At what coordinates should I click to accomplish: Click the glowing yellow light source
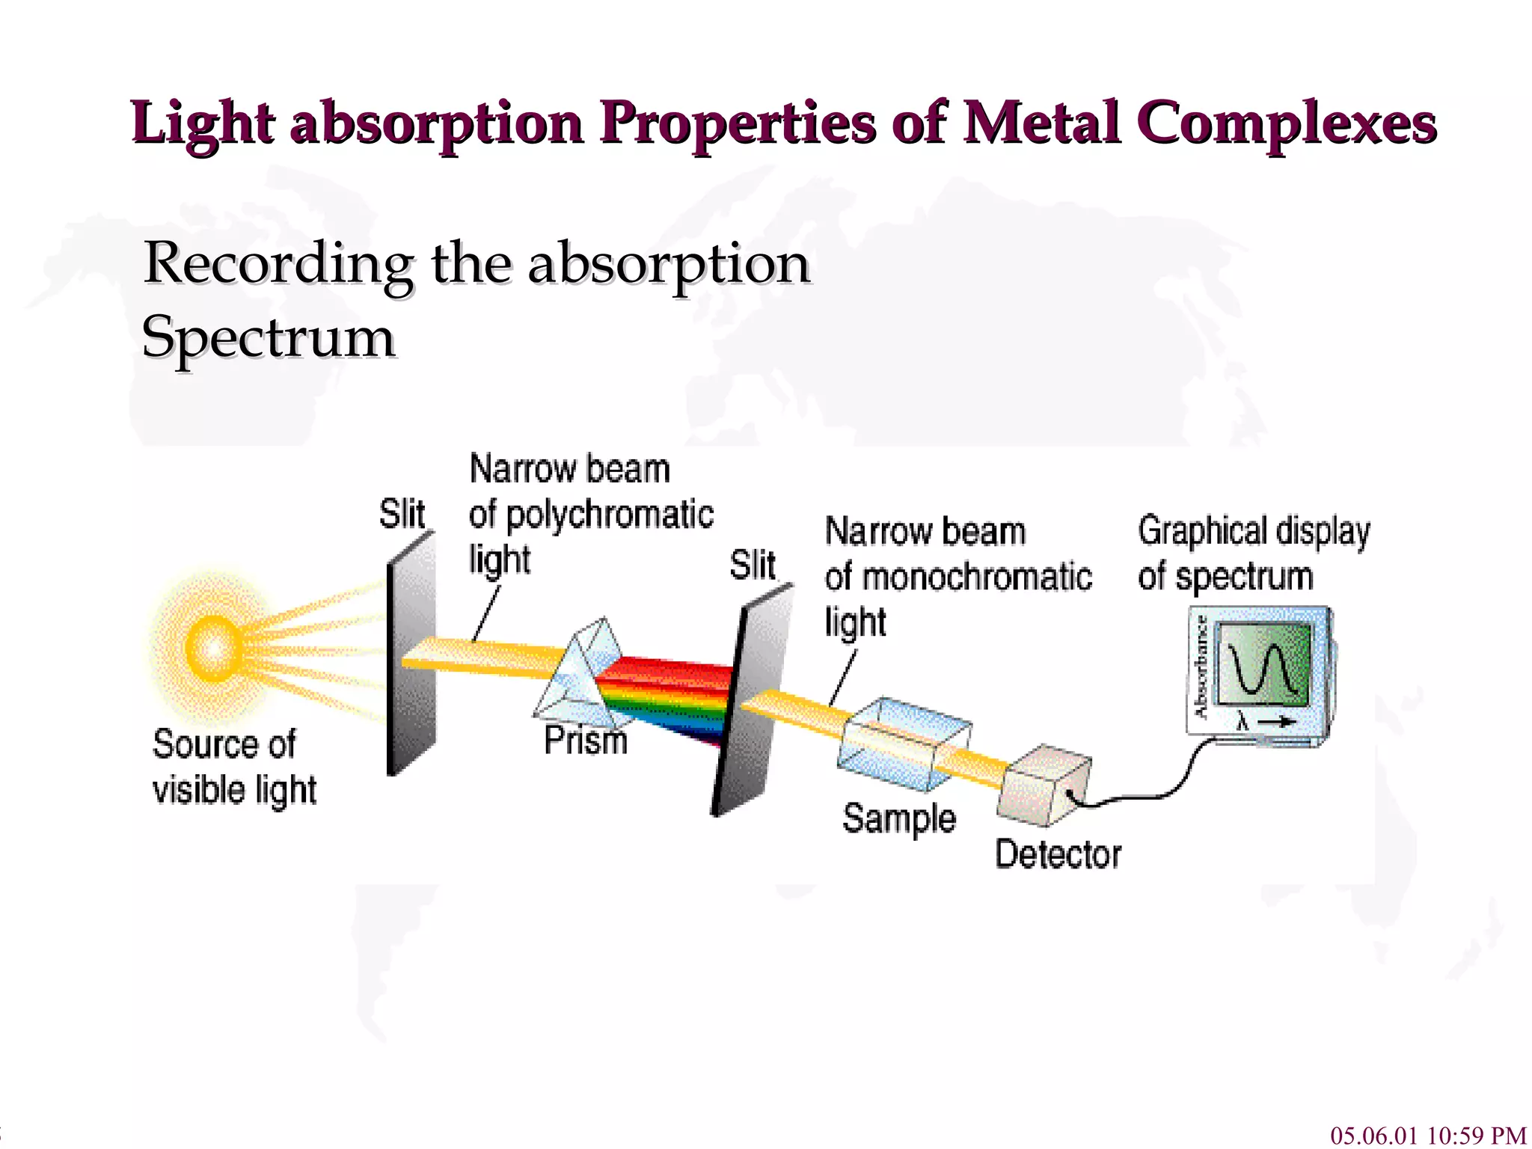point(213,648)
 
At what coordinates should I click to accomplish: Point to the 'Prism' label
point(585,741)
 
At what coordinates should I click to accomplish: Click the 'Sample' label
point(898,818)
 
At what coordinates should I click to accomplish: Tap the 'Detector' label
point(1058,854)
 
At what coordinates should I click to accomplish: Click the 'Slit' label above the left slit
point(402,514)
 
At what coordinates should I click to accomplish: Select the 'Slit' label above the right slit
point(753,565)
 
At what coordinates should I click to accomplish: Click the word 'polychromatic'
point(609,515)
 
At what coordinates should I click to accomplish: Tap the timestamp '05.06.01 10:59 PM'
point(1427,1135)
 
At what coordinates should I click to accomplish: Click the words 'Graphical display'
point(1254,532)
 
